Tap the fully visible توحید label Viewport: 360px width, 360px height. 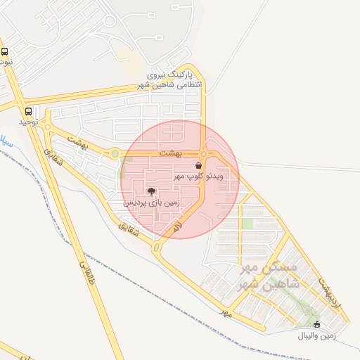[x=28, y=122]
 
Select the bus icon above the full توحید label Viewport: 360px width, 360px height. [x=28, y=111]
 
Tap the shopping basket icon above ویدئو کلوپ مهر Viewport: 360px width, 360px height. [x=198, y=165]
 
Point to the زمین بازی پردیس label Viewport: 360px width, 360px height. [x=151, y=202]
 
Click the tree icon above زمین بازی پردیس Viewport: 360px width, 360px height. [x=151, y=191]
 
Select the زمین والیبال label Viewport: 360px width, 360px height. [x=316, y=335]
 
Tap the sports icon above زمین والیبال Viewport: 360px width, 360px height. [x=316, y=324]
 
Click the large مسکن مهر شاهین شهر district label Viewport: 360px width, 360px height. [x=269, y=276]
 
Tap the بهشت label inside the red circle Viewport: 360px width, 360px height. [x=170, y=153]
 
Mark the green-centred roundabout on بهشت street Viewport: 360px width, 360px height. [x=115, y=153]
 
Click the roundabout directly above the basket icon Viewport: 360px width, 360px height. [x=203, y=153]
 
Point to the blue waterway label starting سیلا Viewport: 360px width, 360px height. [x=4, y=139]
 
